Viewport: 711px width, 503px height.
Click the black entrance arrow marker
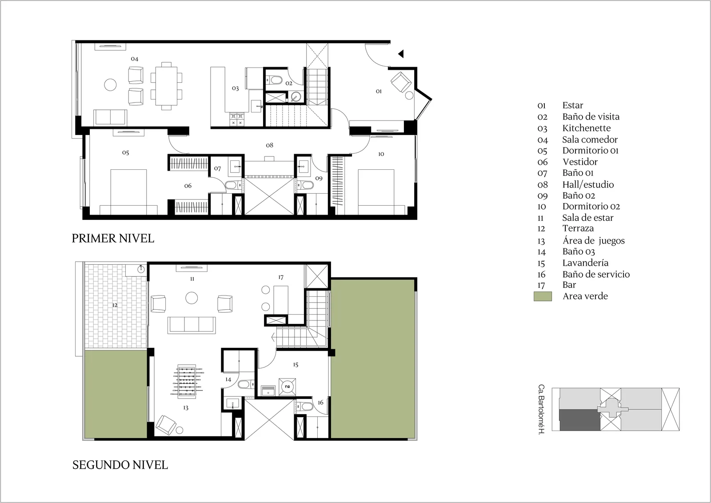coord(401,54)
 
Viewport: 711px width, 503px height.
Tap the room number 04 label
coord(135,59)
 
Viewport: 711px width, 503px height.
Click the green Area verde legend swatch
coord(543,296)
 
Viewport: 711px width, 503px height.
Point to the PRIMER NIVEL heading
coord(113,238)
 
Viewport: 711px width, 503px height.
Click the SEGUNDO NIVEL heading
coord(120,465)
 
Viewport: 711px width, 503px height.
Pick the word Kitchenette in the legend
coord(587,128)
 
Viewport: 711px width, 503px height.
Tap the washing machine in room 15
coord(287,387)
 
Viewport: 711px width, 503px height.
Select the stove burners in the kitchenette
coord(237,120)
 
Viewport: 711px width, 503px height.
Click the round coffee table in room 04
coord(110,85)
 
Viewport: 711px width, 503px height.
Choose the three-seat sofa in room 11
coord(192,325)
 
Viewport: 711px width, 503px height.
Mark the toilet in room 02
coord(274,80)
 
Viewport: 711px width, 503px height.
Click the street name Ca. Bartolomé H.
coord(542,410)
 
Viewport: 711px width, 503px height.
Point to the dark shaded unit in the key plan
coord(579,420)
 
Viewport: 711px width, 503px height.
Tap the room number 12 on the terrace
coord(115,305)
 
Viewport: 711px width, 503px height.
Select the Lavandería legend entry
coord(585,263)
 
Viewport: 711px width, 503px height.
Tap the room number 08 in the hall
coord(269,145)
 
